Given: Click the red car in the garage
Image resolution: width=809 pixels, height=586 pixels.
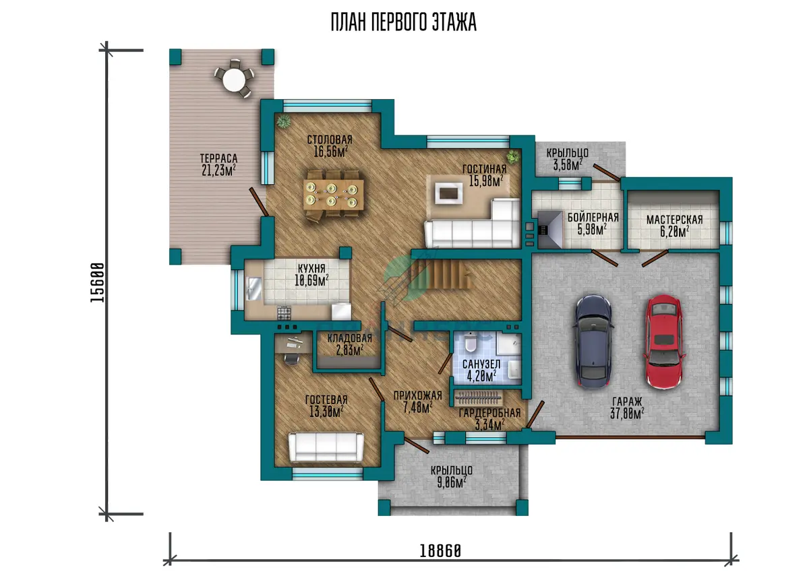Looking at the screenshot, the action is [x=664, y=342].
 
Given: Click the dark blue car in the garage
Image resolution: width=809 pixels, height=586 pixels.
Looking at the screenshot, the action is [x=593, y=341].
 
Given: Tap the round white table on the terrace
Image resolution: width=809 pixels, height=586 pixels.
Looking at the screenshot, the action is [x=234, y=79].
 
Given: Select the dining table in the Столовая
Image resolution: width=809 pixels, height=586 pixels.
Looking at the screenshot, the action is [x=333, y=194].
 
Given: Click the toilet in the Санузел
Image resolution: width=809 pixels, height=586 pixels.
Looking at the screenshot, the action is [x=471, y=342].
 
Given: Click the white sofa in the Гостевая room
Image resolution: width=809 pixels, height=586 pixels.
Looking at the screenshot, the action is [x=326, y=447].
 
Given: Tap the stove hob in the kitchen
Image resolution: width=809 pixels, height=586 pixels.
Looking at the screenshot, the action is [x=284, y=313].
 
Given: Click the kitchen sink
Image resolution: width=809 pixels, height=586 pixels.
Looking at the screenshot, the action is [x=254, y=288].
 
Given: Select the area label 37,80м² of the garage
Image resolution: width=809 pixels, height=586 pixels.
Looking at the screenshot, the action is [x=627, y=413].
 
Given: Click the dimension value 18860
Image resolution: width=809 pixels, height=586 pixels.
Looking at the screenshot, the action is [x=440, y=551].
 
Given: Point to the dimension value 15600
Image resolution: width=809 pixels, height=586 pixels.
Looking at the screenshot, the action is [x=97, y=282].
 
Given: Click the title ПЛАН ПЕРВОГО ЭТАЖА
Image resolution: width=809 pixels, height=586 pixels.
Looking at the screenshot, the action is [x=404, y=22].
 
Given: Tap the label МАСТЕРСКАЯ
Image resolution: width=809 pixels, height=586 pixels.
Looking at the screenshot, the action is [x=675, y=220].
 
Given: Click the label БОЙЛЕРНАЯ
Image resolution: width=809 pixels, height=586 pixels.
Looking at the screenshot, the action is [x=593, y=217].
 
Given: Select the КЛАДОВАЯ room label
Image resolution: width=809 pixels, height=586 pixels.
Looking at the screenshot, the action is [x=350, y=338].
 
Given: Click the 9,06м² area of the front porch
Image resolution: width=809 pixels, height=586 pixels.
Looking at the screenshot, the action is [x=452, y=482].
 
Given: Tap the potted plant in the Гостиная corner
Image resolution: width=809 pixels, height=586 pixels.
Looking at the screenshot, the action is [x=513, y=157].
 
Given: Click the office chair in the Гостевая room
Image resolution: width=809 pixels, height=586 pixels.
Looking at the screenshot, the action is [x=291, y=358].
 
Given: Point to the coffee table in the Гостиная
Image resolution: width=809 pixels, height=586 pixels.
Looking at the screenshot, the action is [x=449, y=193].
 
